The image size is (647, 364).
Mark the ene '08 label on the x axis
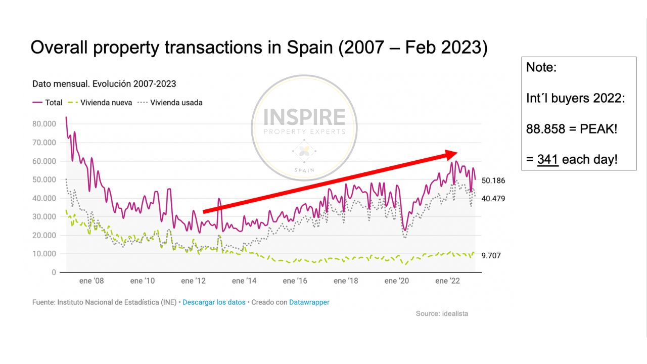[91, 281]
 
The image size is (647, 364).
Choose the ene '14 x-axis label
[245, 281]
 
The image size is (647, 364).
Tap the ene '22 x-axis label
[448, 281]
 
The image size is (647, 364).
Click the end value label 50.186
[493, 180]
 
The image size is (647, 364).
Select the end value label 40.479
[493, 199]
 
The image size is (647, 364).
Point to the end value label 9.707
[491, 256]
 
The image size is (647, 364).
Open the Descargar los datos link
[214, 302]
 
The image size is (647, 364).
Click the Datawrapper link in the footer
[309, 302]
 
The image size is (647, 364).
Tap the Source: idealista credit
[442, 313]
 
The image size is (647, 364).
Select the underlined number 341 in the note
[547, 160]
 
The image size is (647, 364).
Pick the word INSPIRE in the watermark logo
[304, 117]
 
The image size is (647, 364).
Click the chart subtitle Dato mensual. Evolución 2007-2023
[104, 84]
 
